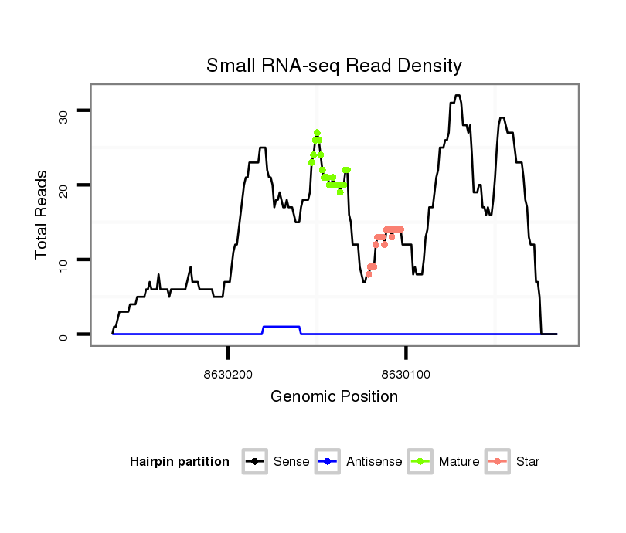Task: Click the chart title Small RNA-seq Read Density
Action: pos(334,66)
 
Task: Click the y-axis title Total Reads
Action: pos(43,215)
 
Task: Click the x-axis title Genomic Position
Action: pos(334,397)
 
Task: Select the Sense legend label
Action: pos(291,462)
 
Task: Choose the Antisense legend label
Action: pos(374,462)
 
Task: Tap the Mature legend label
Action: pos(458,462)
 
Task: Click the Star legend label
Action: pos(527,462)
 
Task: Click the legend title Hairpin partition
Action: pos(180,462)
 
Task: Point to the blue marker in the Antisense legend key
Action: pos(328,462)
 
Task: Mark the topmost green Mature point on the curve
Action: pos(317,133)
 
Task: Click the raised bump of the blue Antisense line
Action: pos(281,327)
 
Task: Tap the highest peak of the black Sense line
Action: pos(458,96)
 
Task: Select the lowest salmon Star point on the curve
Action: pos(369,274)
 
